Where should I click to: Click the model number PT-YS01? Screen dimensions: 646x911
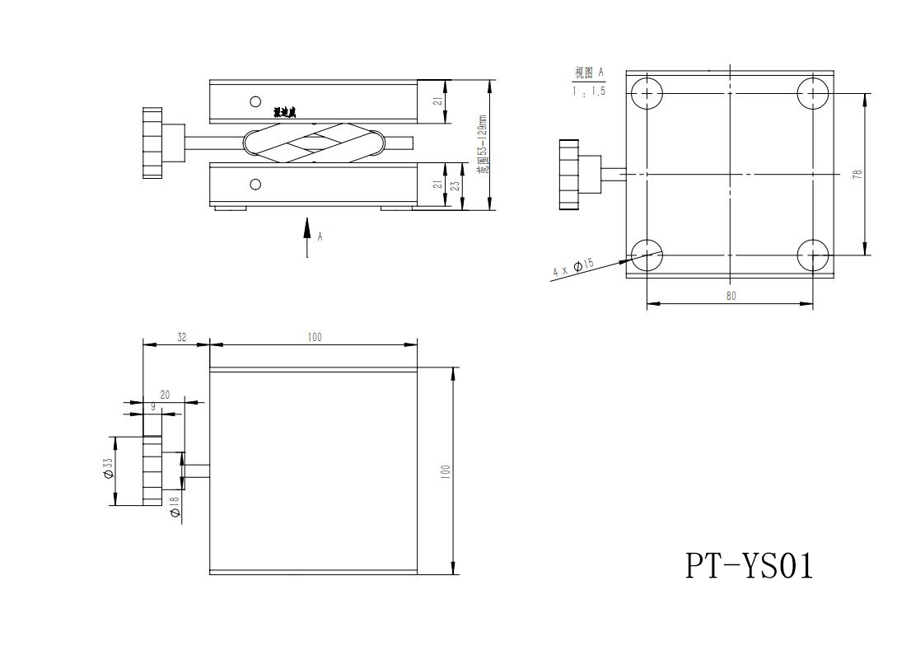pos(749,565)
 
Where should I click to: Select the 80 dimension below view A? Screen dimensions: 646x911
pos(731,296)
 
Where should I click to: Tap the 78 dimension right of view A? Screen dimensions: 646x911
pos(857,174)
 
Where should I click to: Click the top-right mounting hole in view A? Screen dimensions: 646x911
pos(813,92)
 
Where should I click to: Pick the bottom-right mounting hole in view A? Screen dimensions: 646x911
pos(813,255)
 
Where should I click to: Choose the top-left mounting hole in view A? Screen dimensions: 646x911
pos(647,92)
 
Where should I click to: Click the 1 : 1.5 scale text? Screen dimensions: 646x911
pos(589,91)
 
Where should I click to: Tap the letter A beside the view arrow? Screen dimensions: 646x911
pos(320,236)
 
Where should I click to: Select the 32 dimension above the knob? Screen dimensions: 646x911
pos(181,337)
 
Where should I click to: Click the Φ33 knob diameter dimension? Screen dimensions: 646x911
pos(108,469)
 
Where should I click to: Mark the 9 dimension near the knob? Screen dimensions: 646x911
pos(152,407)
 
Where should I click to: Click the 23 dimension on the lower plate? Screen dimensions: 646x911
pos(455,185)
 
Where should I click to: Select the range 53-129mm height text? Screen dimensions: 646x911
pos(483,144)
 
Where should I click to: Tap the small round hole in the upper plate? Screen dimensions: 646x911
pos(255,101)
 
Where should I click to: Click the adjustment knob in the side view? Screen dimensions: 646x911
pos(154,143)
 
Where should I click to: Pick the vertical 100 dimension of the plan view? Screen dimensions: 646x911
pos(445,471)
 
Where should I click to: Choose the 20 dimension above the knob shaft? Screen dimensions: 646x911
pos(165,396)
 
